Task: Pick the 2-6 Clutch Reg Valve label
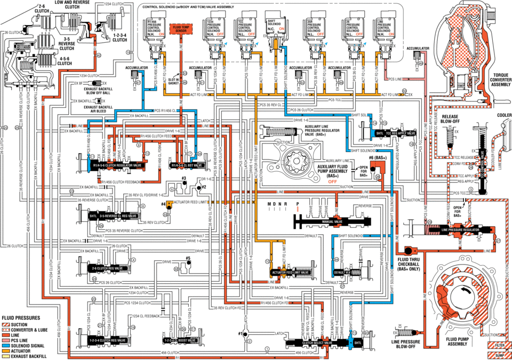108,268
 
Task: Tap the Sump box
497,354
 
